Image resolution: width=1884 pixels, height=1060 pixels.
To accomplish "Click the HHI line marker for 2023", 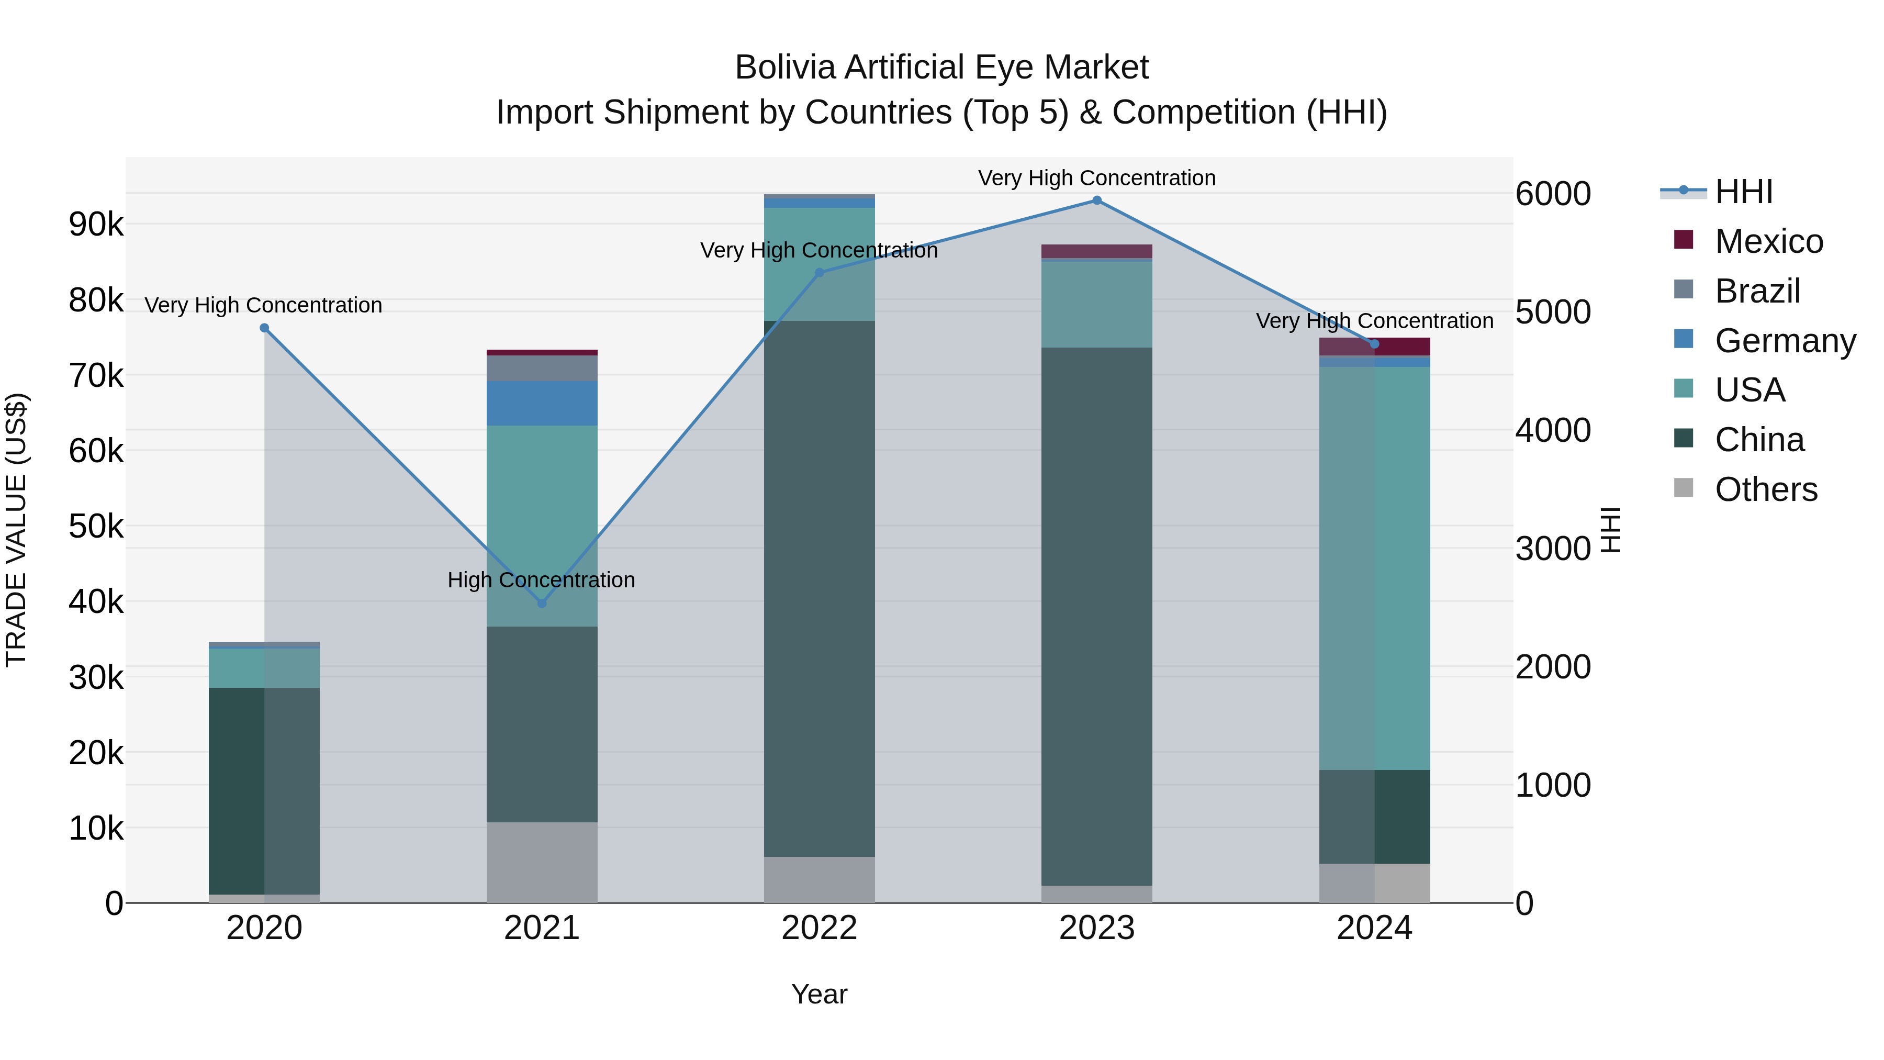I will click(x=1096, y=200).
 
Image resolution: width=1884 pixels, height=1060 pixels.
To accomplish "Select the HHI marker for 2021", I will click(x=542, y=604).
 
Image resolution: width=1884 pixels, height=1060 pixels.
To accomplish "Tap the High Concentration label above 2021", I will click(x=541, y=580).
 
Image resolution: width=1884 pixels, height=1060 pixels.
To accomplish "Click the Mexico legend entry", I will click(x=1768, y=241).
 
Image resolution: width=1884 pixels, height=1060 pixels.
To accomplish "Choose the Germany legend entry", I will click(x=1785, y=341).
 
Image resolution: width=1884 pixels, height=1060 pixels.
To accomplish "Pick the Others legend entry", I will click(x=1766, y=489).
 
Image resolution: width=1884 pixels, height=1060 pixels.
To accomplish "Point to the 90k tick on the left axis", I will click(x=96, y=225).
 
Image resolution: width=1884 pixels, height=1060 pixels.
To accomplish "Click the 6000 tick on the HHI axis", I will click(x=1553, y=194).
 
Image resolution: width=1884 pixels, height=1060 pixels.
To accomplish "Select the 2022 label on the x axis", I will click(x=819, y=928).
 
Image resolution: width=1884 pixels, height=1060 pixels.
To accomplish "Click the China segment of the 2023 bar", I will click(x=1096, y=615).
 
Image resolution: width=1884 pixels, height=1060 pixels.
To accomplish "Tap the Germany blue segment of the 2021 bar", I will click(x=542, y=403).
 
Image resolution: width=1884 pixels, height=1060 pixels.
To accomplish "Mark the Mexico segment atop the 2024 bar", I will click(x=1374, y=346).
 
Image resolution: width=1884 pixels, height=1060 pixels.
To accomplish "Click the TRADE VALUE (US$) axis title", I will click(x=17, y=530).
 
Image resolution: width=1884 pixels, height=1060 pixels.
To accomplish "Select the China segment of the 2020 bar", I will click(x=264, y=790).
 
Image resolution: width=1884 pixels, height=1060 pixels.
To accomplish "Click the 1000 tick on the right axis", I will click(x=1553, y=786).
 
